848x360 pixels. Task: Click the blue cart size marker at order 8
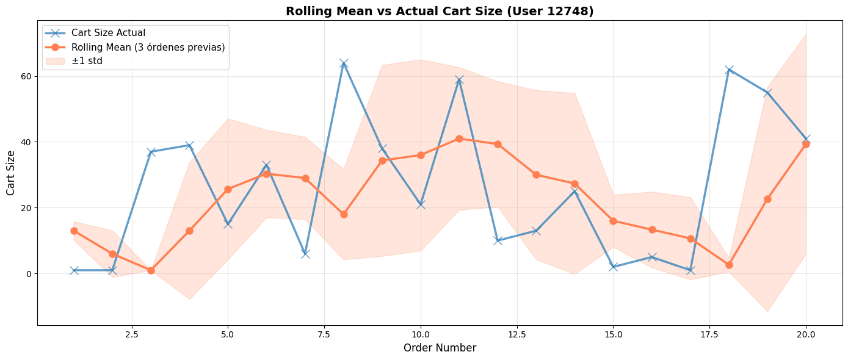click(x=344, y=63)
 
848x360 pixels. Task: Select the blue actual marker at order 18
click(x=729, y=70)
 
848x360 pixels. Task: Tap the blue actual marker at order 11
click(x=459, y=80)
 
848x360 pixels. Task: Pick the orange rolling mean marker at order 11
click(x=459, y=139)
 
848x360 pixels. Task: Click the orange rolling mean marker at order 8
click(x=344, y=214)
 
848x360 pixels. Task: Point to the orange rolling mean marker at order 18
click(x=729, y=265)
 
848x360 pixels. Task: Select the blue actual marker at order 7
click(x=305, y=254)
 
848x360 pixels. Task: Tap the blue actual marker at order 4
click(x=189, y=145)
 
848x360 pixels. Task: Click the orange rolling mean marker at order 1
click(x=74, y=231)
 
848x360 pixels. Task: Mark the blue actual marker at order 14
click(x=574, y=192)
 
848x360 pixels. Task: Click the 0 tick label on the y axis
click(x=29, y=273)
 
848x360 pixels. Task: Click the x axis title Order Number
click(x=440, y=348)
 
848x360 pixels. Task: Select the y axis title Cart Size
click(x=12, y=173)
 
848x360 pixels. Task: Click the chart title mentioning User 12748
click(x=440, y=11)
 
